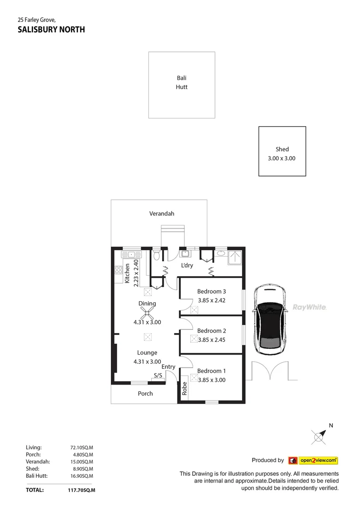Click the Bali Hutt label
(x=182, y=82)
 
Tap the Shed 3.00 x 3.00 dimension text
(x=282, y=158)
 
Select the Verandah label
(x=162, y=214)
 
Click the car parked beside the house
(x=269, y=320)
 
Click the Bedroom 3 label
(x=211, y=291)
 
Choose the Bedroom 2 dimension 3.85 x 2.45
(x=212, y=340)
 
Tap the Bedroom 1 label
(x=211, y=371)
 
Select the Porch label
(x=146, y=393)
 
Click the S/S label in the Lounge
(x=157, y=376)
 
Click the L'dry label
(x=187, y=265)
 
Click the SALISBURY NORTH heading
(x=51, y=30)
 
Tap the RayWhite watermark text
(x=309, y=307)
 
